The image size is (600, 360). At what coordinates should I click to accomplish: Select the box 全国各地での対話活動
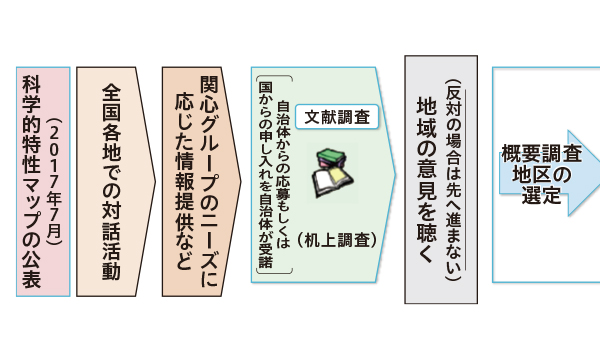click(x=111, y=181)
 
